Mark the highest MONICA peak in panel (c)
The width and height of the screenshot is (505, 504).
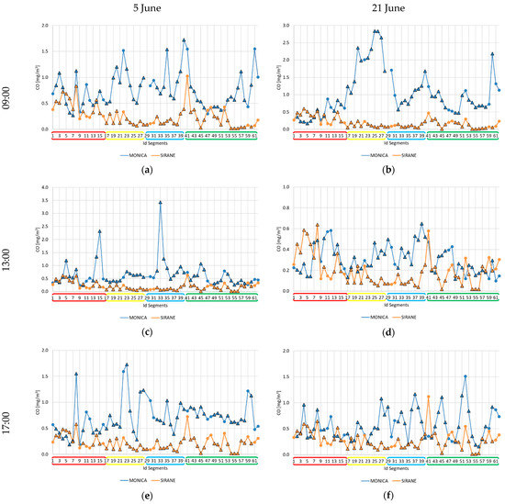(160, 202)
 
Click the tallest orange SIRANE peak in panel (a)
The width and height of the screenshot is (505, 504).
(187, 76)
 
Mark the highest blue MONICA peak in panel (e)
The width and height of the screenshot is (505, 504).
(127, 364)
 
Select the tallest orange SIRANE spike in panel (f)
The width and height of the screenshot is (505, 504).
(428, 397)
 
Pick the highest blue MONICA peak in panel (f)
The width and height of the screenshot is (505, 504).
(466, 376)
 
